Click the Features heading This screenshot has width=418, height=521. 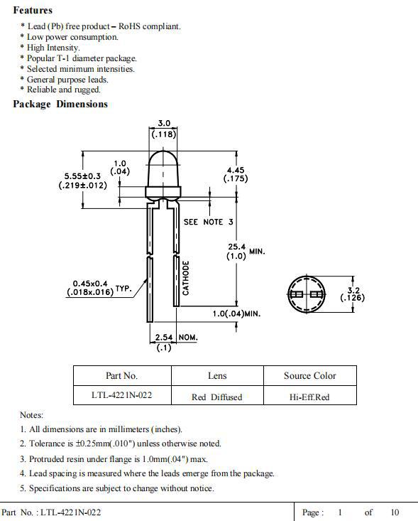(x=33, y=11)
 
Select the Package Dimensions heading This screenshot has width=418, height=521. (x=60, y=104)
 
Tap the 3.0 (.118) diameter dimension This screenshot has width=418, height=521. (x=163, y=129)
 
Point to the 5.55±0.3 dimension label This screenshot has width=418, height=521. (x=82, y=181)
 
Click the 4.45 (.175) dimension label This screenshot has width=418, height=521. (x=235, y=174)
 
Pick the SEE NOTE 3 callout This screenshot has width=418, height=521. (x=208, y=222)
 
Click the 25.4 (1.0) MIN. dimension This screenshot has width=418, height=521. (x=241, y=252)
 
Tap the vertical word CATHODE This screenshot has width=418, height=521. (x=186, y=277)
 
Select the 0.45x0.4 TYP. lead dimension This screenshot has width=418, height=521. (x=99, y=288)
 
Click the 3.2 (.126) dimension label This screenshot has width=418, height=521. (x=352, y=294)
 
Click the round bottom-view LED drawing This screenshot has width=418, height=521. (x=307, y=294)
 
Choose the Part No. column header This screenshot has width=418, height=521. (x=121, y=376)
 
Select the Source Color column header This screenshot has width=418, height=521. (x=310, y=376)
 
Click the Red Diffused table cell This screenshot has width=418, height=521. (x=216, y=397)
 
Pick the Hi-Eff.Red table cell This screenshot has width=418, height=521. (x=309, y=397)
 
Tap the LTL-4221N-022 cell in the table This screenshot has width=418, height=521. (x=121, y=397)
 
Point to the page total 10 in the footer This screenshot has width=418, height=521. (x=395, y=512)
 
